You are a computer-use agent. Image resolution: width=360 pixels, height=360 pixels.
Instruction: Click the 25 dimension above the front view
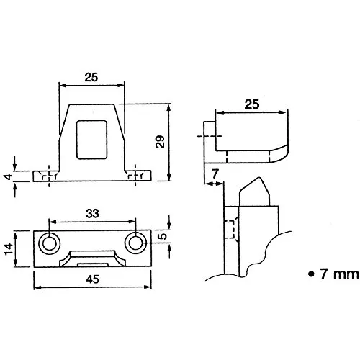tap(90, 77)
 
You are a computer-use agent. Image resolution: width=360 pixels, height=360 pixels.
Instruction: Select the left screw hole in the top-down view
tap(48, 243)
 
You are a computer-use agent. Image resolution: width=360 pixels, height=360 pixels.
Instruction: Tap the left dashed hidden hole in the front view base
tap(48, 176)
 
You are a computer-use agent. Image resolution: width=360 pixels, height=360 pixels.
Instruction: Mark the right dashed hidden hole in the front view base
tap(132, 176)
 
